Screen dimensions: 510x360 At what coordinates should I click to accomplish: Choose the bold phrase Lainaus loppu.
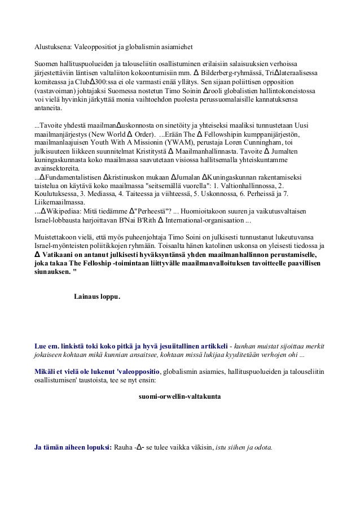(x=97, y=295)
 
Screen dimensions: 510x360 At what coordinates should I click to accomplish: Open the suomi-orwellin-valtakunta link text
(x=179, y=396)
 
